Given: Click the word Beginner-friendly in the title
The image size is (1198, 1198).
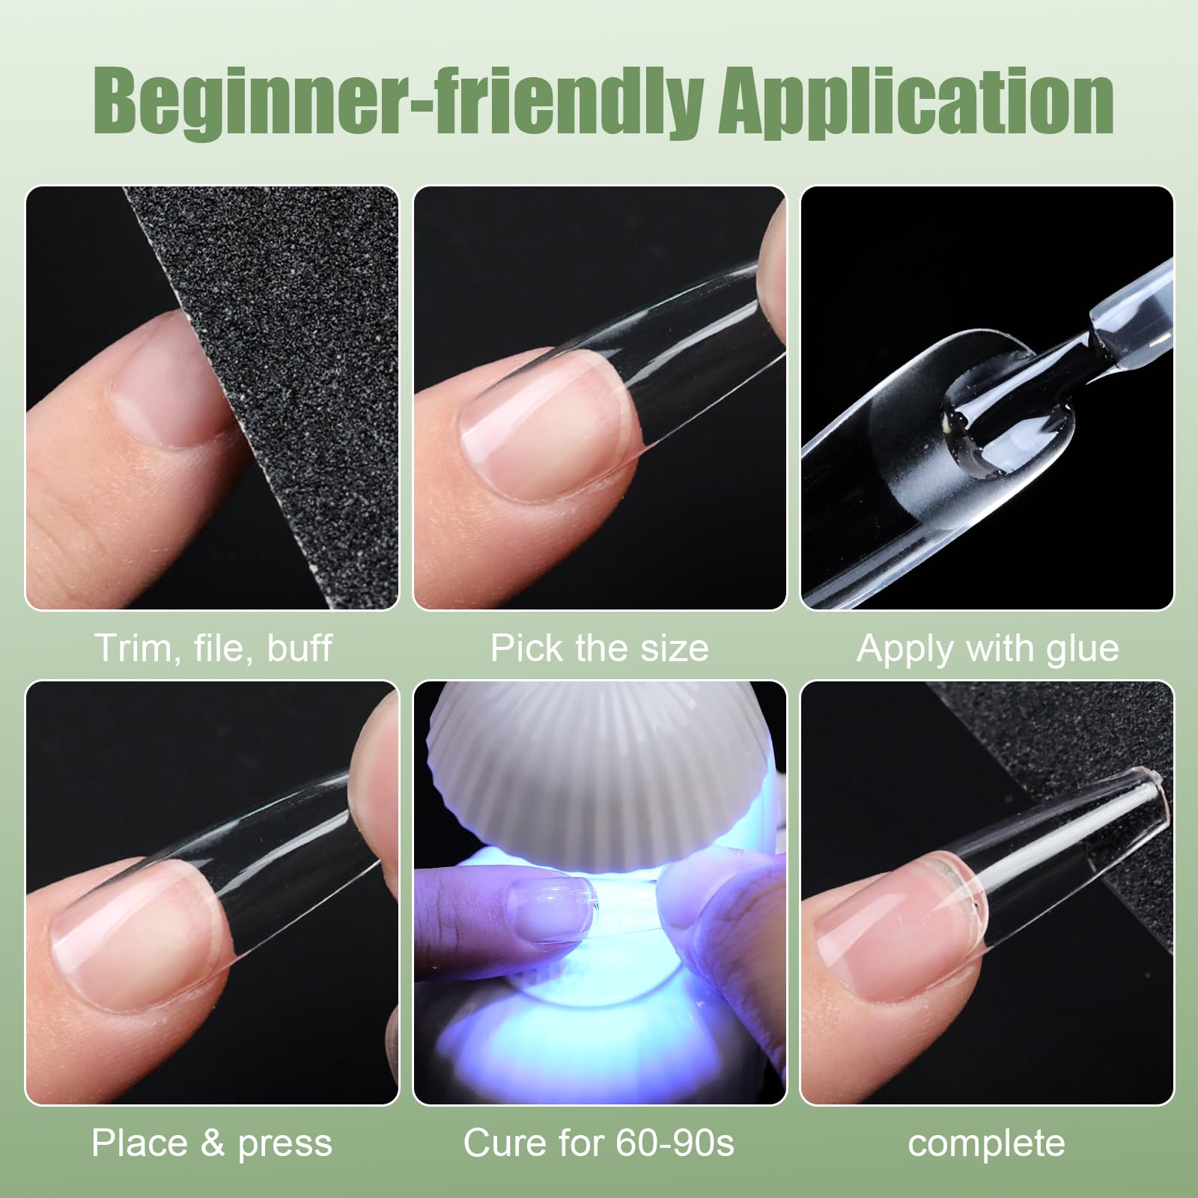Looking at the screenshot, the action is pos(401,103).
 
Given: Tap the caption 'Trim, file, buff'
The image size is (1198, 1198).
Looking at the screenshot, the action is pos(213,648).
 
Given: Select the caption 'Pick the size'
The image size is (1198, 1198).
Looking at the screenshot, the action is pos(599,648).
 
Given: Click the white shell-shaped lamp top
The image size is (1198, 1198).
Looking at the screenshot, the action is pos(599,771).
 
